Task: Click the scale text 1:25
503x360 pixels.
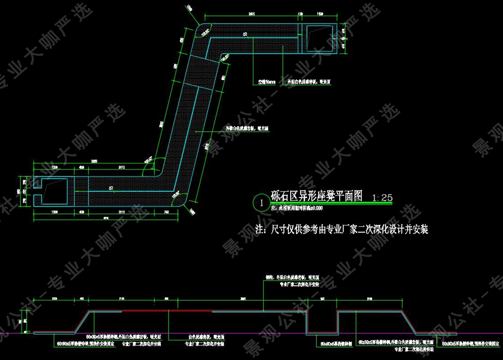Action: (x=382, y=197)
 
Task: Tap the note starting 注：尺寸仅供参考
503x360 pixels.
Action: (x=342, y=229)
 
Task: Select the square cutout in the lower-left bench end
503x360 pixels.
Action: (x=54, y=190)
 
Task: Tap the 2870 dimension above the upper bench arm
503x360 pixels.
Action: (x=252, y=14)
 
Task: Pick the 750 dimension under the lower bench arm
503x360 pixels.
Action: (x=166, y=212)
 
